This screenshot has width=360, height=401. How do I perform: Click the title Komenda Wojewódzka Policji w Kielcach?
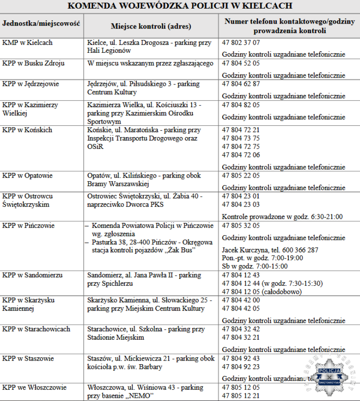180,6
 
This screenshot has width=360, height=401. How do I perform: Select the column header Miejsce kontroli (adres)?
150,26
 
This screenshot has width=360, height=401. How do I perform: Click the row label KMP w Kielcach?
27,43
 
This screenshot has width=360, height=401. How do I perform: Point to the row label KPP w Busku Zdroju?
33,64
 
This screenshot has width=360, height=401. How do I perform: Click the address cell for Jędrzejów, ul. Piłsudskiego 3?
143,88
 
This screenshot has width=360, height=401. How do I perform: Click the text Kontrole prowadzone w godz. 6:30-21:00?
282,217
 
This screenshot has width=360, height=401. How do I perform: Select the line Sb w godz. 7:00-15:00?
255,266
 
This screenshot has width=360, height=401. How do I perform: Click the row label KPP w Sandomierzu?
32,275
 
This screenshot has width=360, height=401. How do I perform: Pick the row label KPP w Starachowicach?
36,329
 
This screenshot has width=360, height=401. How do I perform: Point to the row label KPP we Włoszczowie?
34,387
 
